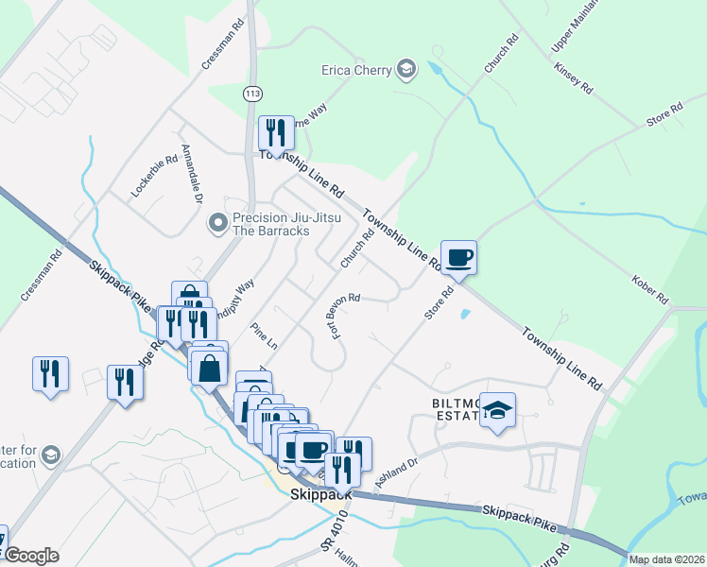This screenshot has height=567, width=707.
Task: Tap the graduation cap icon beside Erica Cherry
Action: click(x=405, y=69)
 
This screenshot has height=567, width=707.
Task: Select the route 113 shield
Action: click(x=252, y=94)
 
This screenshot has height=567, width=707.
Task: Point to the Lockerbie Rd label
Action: click(x=154, y=176)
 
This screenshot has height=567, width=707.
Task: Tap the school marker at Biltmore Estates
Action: click(x=497, y=411)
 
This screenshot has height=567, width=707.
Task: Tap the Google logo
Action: click(x=31, y=556)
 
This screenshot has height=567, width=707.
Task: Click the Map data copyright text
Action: click(x=667, y=559)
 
